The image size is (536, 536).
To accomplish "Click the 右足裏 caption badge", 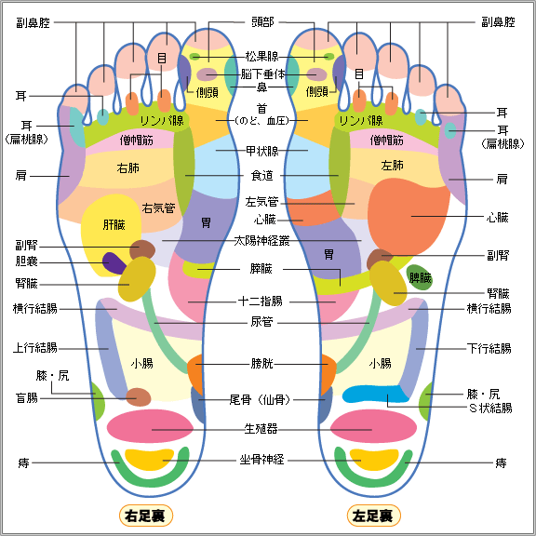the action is coord(146,516).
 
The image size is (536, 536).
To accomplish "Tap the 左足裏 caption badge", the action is coord(374,516).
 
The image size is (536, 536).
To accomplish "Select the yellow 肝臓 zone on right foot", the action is coord(110,233).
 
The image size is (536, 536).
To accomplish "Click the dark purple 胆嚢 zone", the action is coord(114,263).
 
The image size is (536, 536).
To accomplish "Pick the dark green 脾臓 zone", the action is coord(420,277).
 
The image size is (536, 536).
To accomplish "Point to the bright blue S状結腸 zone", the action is coord(376,395).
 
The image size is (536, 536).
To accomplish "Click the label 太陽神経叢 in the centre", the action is coord(261,241).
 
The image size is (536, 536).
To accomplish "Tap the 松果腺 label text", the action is coord(262,57).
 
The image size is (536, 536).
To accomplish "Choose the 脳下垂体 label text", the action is coord(262,74).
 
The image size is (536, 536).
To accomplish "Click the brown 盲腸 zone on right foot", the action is coord(139,396).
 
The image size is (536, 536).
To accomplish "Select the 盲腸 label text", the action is coord(27,398).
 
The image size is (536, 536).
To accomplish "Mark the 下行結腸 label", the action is coord(489,349).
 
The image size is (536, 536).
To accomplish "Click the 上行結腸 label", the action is coord(35,348).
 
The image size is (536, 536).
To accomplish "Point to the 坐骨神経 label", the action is coord(261,460).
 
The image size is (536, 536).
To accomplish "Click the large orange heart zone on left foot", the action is coord(407,217).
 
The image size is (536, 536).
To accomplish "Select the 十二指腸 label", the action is coord(261,301).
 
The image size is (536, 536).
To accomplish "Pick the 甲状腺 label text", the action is coord(262,151).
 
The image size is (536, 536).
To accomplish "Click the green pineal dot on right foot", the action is coord(194,57).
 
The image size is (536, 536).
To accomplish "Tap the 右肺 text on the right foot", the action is coord(128,168).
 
